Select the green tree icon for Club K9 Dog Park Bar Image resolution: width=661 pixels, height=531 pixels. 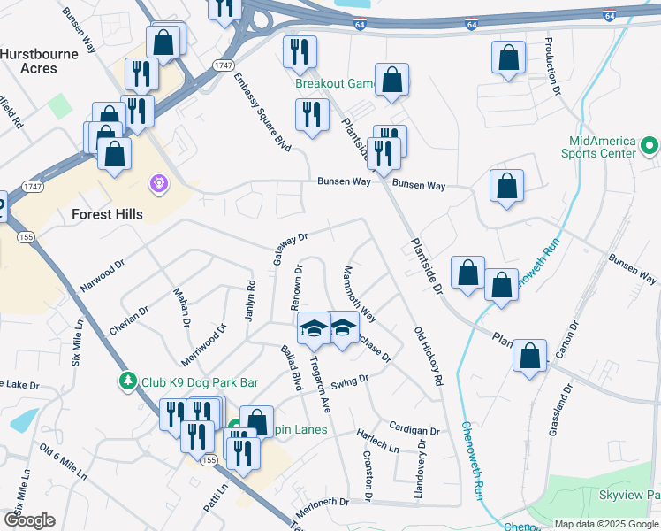point(128,381)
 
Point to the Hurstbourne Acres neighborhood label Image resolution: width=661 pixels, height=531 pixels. point(41,61)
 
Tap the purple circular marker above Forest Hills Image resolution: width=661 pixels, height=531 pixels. point(159,183)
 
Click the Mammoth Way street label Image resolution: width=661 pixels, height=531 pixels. point(361,294)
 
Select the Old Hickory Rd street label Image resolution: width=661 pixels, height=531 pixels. point(428,356)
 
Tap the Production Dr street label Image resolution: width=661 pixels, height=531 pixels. point(552,65)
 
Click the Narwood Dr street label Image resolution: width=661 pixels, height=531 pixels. point(103,275)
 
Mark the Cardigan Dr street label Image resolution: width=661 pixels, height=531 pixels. point(407,428)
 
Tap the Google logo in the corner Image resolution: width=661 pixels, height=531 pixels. point(29,520)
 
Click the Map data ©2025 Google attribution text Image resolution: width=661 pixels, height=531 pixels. point(606,523)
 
